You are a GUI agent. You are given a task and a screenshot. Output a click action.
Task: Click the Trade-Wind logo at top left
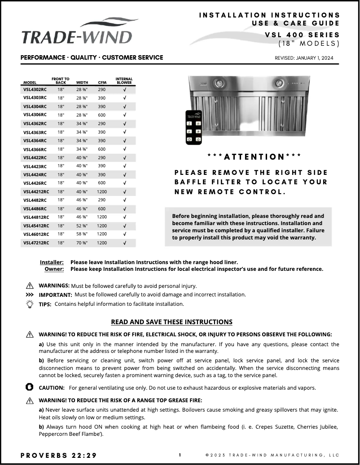point(76,32)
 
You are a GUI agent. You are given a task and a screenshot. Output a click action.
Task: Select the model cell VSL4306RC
point(35,115)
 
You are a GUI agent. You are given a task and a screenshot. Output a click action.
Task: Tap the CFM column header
point(102,83)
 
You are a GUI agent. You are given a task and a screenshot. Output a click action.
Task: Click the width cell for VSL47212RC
point(82,243)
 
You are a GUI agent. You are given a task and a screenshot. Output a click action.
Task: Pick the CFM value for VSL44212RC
point(102,191)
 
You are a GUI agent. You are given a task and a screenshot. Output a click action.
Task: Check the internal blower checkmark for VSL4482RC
point(124,200)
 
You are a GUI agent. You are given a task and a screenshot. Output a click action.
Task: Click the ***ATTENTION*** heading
point(255,156)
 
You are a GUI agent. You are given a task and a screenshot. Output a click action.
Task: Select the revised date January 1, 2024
point(304,58)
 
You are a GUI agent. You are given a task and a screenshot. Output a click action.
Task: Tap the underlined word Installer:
point(52,262)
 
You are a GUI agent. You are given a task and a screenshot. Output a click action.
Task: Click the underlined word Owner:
point(54,269)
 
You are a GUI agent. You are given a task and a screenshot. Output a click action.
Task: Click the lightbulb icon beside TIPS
point(30,304)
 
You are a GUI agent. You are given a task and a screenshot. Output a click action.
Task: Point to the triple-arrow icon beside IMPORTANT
point(30,295)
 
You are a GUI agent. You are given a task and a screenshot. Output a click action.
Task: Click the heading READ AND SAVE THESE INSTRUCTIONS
point(171,322)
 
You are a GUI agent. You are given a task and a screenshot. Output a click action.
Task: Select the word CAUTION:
point(52,387)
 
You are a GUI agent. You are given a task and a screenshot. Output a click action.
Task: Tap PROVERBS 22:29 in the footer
point(59,455)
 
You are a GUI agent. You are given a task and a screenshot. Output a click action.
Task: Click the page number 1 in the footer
point(180,455)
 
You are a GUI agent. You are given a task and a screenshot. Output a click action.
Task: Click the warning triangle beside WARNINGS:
point(30,286)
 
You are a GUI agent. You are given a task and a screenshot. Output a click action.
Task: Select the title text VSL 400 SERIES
point(302,35)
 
